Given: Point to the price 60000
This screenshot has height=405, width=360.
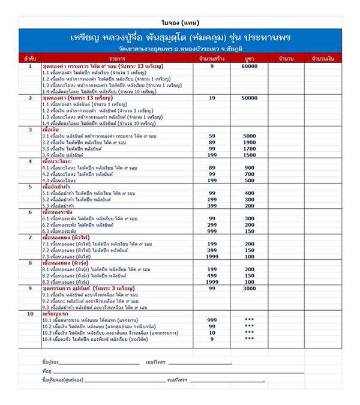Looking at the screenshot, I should (x=249, y=67).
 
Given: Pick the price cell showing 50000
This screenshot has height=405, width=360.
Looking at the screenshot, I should (x=249, y=98).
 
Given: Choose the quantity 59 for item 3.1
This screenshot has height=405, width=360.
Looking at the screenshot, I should (x=212, y=136).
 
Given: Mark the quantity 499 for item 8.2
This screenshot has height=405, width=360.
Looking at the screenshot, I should (x=212, y=276).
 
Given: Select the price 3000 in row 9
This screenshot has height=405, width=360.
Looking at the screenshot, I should (x=249, y=289).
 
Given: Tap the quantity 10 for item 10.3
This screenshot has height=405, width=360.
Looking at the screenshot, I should (x=212, y=332).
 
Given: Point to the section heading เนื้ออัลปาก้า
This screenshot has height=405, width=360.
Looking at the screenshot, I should (x=56, y=186).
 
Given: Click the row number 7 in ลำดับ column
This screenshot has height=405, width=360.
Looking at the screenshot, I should (x=30, y=237).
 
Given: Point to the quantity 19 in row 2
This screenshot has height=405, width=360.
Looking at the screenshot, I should (x=212, y=98).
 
